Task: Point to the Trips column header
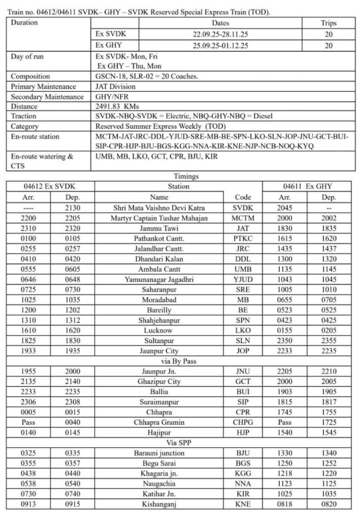click(x=328, y=23)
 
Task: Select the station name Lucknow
click(x=165, y=331)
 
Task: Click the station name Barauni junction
click(x=165, y=453)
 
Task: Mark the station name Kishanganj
click(x=165, y=504)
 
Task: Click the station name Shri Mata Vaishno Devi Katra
click(x=165, y=208)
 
